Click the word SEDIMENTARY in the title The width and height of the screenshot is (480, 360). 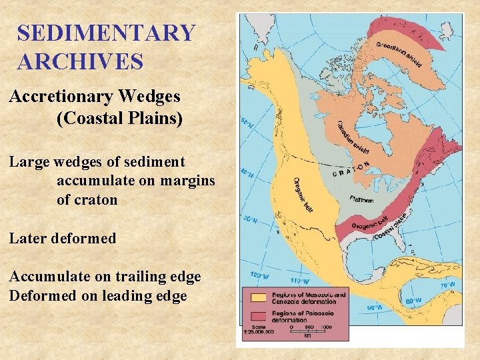[x=106, y=33]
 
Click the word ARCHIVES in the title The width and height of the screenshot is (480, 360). [x=80, y=62]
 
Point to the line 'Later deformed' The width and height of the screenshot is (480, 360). [x=62, y=238]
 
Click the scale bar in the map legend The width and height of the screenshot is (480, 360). [x=308, y=331]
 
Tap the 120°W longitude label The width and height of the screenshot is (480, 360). [x=259, y=274]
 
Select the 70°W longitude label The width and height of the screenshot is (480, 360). [x=448, y=284]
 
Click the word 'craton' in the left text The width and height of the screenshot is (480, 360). [x=87, y=199]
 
